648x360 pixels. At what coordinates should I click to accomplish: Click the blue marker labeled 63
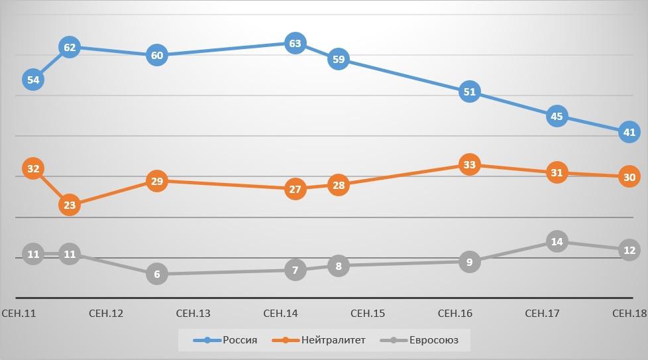coord(295,44)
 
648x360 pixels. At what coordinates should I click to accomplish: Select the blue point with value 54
coord(34,80)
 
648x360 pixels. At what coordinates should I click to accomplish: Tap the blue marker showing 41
coord(629,133)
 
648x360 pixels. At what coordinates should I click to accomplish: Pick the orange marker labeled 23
coord(70,206)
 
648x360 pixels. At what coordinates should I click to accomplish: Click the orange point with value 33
coord(470,165)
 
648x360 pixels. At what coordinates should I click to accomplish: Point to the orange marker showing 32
coord(34,169)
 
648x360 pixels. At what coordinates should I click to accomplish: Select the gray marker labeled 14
coord(557,242)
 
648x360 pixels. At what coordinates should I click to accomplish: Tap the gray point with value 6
coord(156,274)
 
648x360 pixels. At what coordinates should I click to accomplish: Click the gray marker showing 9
coord(470,262)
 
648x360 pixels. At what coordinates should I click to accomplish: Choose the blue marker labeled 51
coord(470,92)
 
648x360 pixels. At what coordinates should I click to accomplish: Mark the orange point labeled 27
coord(295,190)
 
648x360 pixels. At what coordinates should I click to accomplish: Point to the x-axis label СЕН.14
coord(280,313)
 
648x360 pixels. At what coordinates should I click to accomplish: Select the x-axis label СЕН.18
coord(629,313)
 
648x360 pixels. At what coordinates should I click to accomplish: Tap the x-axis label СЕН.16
coord(455,313)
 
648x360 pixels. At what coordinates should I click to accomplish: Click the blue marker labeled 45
coord(557,117)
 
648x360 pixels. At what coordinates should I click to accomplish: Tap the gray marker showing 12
coord(629,250)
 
